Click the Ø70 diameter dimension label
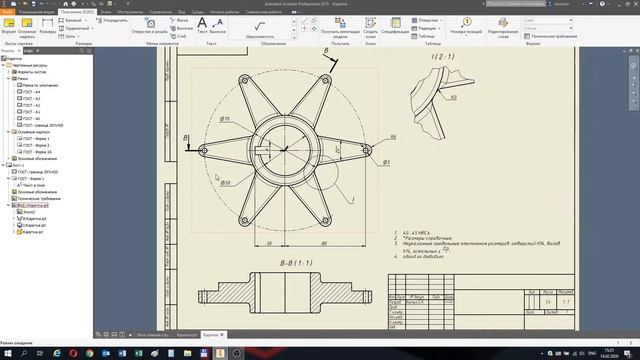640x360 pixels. (x=225, y=119)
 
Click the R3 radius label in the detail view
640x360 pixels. (x=452, y=98)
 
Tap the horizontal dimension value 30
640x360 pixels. (x=270, y=243)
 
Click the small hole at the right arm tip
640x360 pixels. (x=367, y=151)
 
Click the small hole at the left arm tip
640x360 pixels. (x=203, y=151)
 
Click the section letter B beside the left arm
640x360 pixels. (x=186, y=138)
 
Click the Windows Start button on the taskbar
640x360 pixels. (x=7, y=352)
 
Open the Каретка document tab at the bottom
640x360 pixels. (x=210, y=335)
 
